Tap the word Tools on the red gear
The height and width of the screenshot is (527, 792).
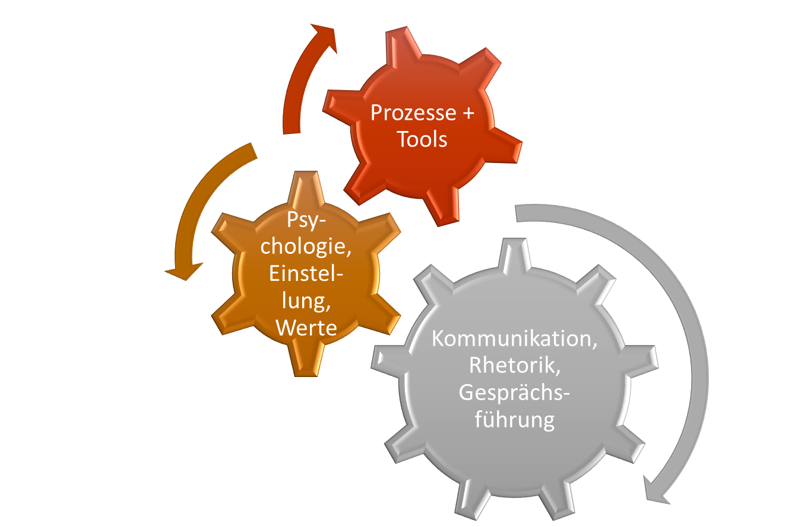point(422,139)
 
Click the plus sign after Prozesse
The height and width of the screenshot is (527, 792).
point(468,114)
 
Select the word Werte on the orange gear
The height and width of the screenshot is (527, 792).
point(306,328)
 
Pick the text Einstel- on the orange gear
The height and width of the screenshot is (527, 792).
point(306,273)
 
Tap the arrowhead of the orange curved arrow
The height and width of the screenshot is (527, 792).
point(183,271)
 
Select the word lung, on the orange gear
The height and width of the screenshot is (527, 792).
point(306,302)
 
